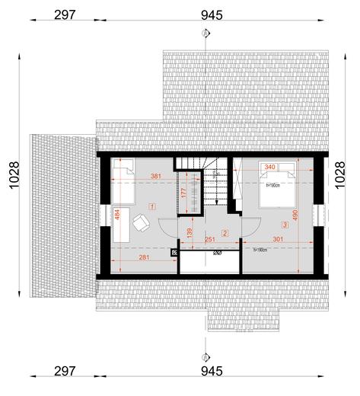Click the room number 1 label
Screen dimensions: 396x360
click(x=152, y=206)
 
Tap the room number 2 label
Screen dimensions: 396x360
click(x=225, y=232)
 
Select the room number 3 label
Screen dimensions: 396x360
click(x=285, y=225)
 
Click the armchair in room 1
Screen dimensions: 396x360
click(x=141, y=222)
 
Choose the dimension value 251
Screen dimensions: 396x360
click(x=211, y=241)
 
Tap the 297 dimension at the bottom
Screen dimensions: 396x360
click(x=65, y=372)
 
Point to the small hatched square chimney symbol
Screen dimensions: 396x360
click(x=174, y=252)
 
